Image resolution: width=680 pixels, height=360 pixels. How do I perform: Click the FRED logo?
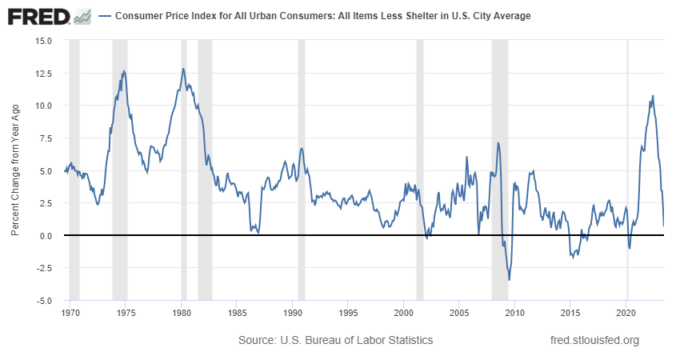38,16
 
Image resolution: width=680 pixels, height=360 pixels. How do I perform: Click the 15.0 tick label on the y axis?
42,40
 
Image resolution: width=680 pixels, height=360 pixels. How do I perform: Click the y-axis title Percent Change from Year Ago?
15,170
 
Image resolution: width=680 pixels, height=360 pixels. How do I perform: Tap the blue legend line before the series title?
105,16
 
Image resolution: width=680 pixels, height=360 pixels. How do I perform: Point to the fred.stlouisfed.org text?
595,341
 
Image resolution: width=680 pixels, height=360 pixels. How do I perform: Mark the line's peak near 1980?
183,69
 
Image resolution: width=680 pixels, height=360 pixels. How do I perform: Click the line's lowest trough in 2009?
510,280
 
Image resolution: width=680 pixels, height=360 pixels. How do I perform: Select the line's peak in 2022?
653,96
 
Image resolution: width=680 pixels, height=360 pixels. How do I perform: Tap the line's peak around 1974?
123,71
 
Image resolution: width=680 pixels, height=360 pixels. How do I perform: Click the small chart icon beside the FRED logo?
82,16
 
